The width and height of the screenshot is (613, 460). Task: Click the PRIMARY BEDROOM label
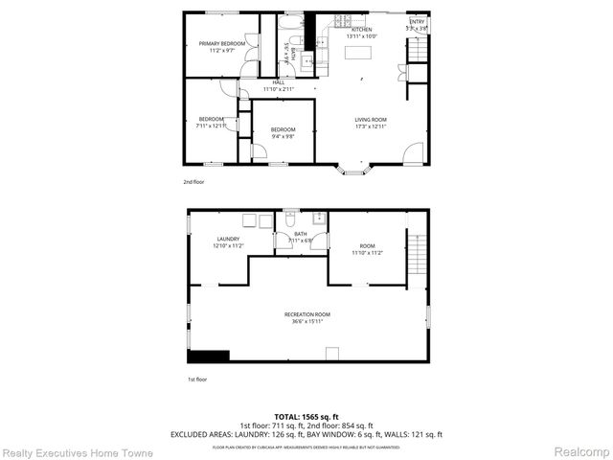tap(222, 44)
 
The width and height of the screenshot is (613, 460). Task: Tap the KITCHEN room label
tap(361, 30)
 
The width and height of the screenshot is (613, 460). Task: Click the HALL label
tap(278, 82)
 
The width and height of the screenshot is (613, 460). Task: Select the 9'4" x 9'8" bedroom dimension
tap(282, 137)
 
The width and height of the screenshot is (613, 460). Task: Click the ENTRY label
tap(417, 21)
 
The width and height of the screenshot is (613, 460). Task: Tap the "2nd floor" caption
tap(194, 181)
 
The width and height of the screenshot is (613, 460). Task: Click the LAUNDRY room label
tap(228, 239)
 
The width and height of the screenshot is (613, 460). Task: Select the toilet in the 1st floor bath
tap(290, 221)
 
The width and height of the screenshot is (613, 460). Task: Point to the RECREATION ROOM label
tap(307, 314)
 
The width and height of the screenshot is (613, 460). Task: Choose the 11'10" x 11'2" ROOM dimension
tap(367, 253)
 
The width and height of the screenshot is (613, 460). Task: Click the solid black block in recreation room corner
tap(209, 356)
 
